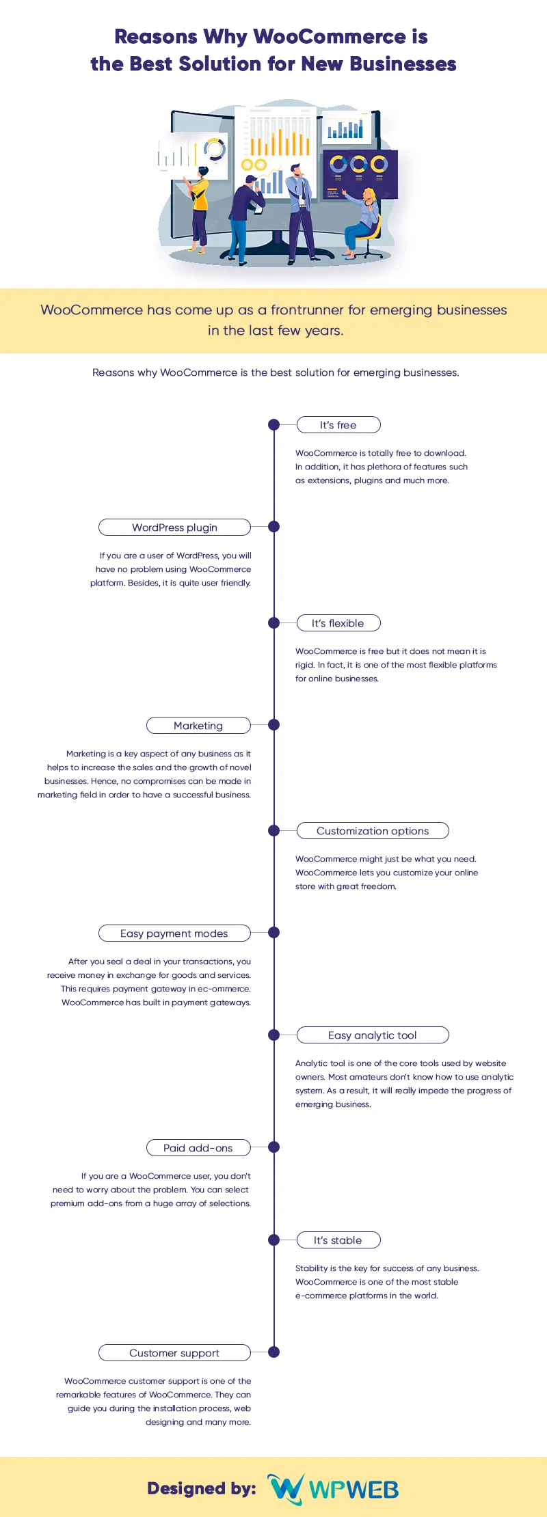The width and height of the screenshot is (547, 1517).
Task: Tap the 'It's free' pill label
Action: [338, 425]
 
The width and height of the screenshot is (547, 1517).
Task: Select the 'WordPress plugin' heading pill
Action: [174, 528]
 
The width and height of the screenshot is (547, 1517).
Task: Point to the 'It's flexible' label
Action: [338, 623]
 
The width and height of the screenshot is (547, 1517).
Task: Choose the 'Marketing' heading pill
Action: [198, 726]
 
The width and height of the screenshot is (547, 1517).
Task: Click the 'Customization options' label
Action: [373, 831]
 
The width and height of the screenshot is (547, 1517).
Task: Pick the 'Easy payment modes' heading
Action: [174, 933]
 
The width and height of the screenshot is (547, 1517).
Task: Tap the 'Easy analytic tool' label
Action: [373, 1035]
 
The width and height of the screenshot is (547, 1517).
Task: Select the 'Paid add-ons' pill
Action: [198, 1148]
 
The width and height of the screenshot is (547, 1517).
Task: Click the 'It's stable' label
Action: [338, 1240]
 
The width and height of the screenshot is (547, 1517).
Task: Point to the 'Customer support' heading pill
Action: [174, 1353]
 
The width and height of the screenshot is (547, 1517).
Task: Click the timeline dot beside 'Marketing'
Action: [274, 725]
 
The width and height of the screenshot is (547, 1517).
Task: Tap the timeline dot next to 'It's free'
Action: [274, 424]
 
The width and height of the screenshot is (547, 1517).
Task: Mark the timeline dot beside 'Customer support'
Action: [274, 1352]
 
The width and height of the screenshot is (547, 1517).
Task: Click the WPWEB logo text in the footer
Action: [354, 1490]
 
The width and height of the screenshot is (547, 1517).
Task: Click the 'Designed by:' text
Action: [202, 1489]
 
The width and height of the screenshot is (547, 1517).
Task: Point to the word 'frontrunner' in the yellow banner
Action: [307, 310]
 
